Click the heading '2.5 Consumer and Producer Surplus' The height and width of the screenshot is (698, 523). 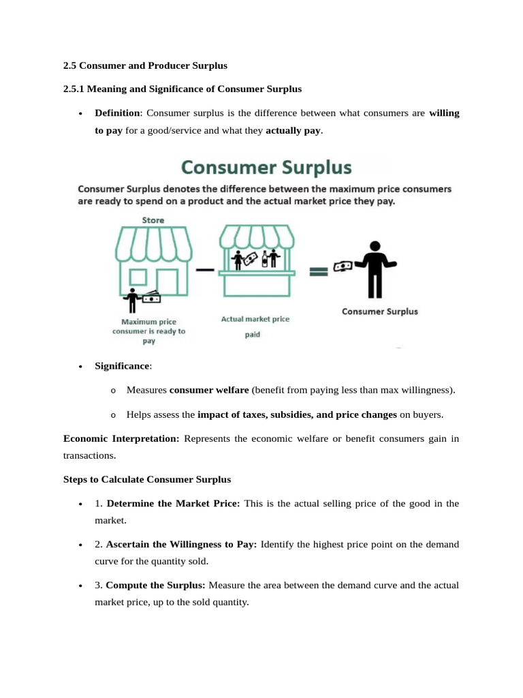coord(144,65)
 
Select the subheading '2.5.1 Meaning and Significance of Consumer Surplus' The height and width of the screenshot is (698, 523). coord(182,89)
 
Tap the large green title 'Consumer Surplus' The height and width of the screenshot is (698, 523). coord(266,167)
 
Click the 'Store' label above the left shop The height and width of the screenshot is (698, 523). coord(153,220)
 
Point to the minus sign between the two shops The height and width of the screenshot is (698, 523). coord(204,270)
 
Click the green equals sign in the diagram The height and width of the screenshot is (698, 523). coord(319,271)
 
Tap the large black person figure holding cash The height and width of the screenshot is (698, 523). coord(374,270)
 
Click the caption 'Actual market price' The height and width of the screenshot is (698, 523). coord(255,319)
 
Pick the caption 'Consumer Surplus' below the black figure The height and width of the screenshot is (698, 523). coord(379,312)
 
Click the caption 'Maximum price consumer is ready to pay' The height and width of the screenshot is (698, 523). coord(148,331)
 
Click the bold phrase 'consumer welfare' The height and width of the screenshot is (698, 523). coord(208,391)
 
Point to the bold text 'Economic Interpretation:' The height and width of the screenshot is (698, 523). coord(121,439)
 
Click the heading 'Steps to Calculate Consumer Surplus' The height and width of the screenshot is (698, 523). coord(146,479)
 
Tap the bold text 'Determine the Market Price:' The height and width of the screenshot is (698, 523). coord(173,504)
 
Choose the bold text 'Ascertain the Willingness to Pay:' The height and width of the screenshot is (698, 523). coord(181,545)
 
